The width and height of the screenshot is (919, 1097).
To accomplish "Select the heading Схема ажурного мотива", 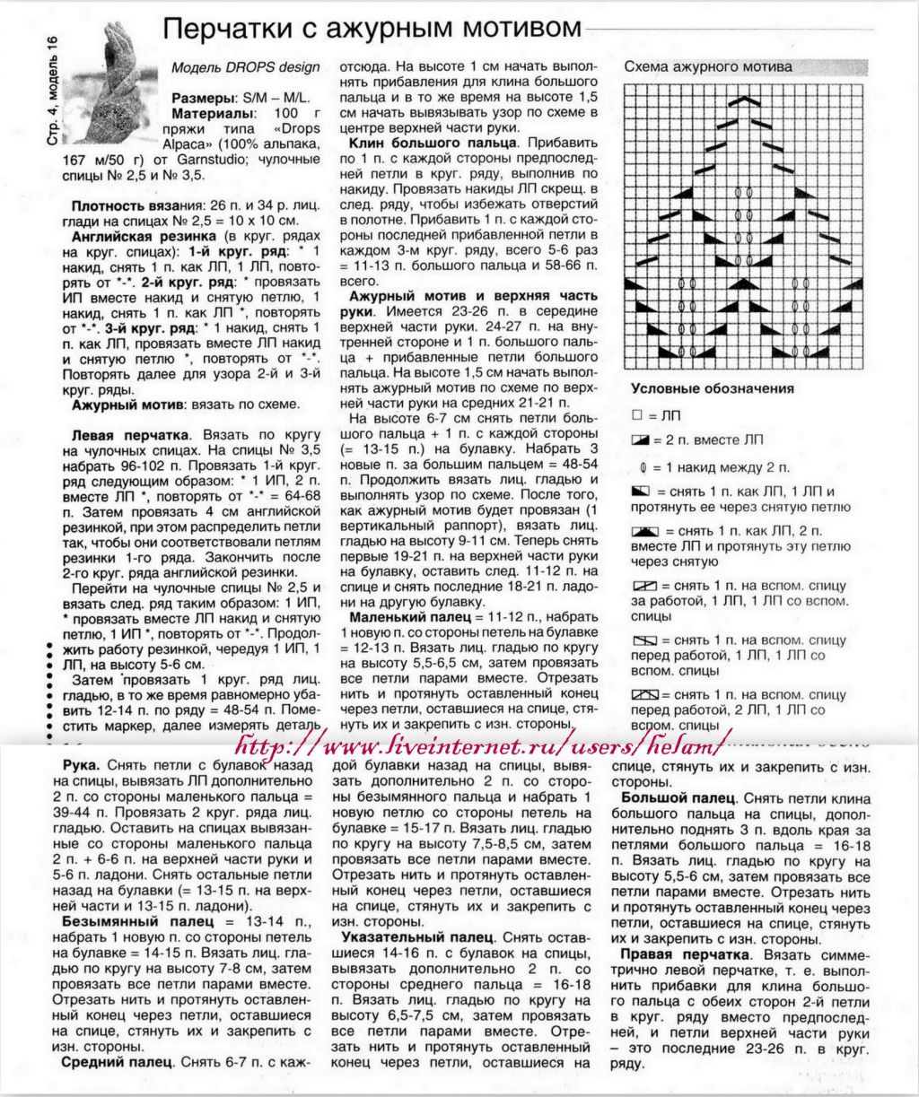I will pos(708,66).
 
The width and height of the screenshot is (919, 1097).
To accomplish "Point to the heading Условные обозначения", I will pos(712,388).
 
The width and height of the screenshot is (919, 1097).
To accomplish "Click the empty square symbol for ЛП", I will pos(637,415).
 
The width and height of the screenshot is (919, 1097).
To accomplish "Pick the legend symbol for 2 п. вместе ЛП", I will pos(639,440).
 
